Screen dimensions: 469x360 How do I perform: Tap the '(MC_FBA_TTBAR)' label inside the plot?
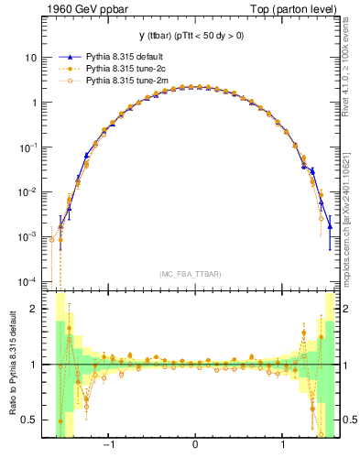click(x=195, y=273)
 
